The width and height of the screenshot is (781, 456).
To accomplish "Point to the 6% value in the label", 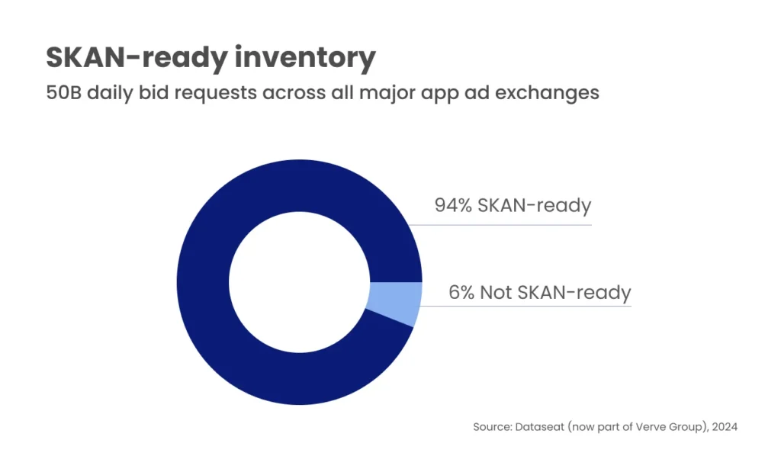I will [461, 292].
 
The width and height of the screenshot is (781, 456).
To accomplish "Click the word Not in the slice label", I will [496, 292].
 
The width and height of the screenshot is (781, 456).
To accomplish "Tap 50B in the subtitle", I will [64, 94].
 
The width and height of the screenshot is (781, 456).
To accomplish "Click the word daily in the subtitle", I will [114, 94].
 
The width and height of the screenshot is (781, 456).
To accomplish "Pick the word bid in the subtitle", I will [156, 94].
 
